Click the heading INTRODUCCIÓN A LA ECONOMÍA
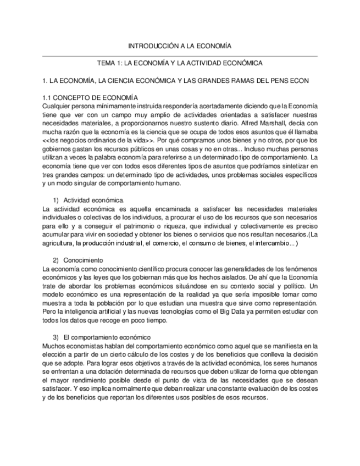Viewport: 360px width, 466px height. click(180, 46)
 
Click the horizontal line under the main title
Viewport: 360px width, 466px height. click(180, 56)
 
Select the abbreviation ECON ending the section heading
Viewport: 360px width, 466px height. click(299, 80)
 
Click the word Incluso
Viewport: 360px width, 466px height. click(254, 149)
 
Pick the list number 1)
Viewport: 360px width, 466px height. click(56, 200)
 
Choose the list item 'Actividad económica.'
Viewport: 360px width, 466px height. click(94, 200)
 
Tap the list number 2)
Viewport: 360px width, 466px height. click(56, 260)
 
